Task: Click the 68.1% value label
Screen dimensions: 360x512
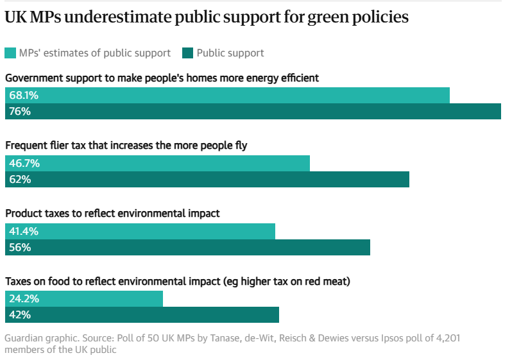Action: click(x=24, y=96)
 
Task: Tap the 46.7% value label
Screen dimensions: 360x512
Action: click(x=24, y=164)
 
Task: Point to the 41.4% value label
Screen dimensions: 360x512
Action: click(x=24, y=232)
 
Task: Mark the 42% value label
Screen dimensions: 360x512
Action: click(x=20, y=315)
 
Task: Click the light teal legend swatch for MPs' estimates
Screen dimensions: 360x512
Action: click(x=10, y=53)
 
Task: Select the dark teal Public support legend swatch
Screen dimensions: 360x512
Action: click(x=188, y=53)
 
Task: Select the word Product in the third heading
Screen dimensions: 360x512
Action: click(x=23, y=213)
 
